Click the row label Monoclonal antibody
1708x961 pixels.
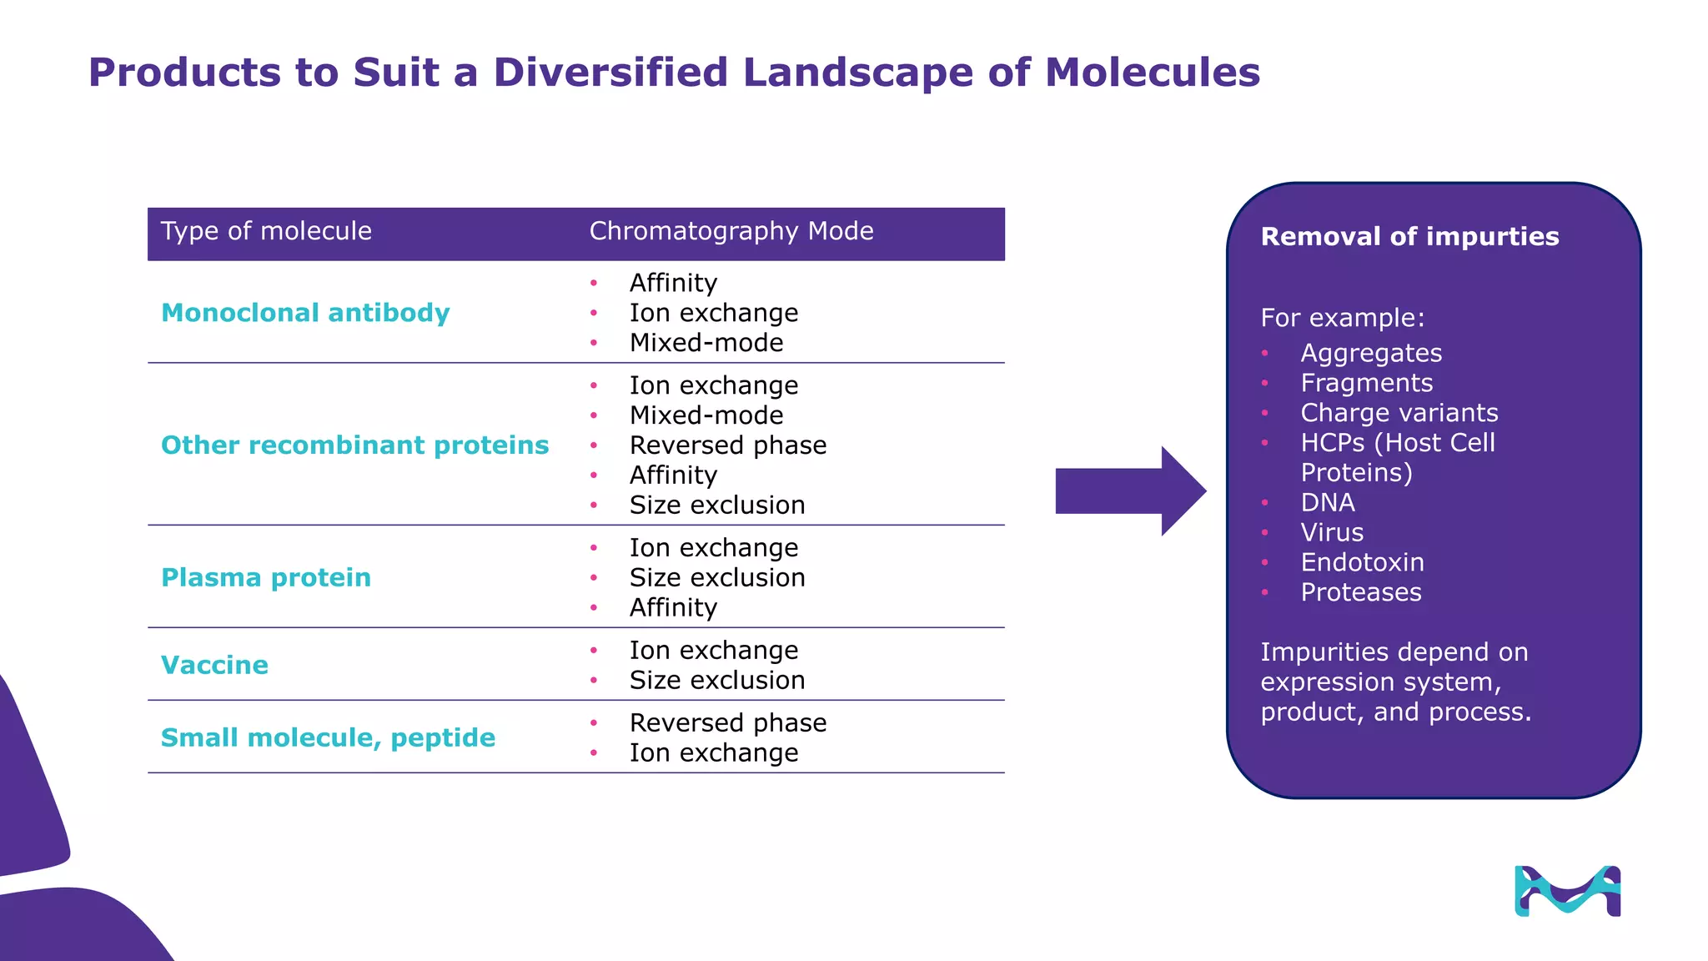(x=305, y=313)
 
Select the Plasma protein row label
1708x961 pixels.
(x=265, y=577)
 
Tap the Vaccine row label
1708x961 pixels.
(x=214, y=665)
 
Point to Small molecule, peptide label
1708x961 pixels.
(x=328, y=737)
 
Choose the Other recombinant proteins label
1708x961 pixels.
(x=354, y=445)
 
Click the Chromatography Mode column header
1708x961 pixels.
(x=731, y=231)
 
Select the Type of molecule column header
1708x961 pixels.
(x=266, y=231)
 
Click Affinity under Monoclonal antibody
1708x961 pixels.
(x=673, y=283)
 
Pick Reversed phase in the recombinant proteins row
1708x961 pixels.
(x=727, y=445)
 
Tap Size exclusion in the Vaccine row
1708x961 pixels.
(x=716, y=681)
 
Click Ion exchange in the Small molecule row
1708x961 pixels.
(x=713, y=753)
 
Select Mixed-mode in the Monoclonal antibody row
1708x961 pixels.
(x=706, y=343)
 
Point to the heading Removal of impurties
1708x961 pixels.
(x=1409, y=237)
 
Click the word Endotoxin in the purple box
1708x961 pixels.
(x=1362, y=563)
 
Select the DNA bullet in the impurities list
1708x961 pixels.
(x=1328, y=503)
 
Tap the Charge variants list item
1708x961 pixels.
(x=1399, y=413)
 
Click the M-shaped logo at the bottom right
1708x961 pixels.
(x=1567, y=891)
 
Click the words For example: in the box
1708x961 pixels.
(x=1342, y=318)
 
